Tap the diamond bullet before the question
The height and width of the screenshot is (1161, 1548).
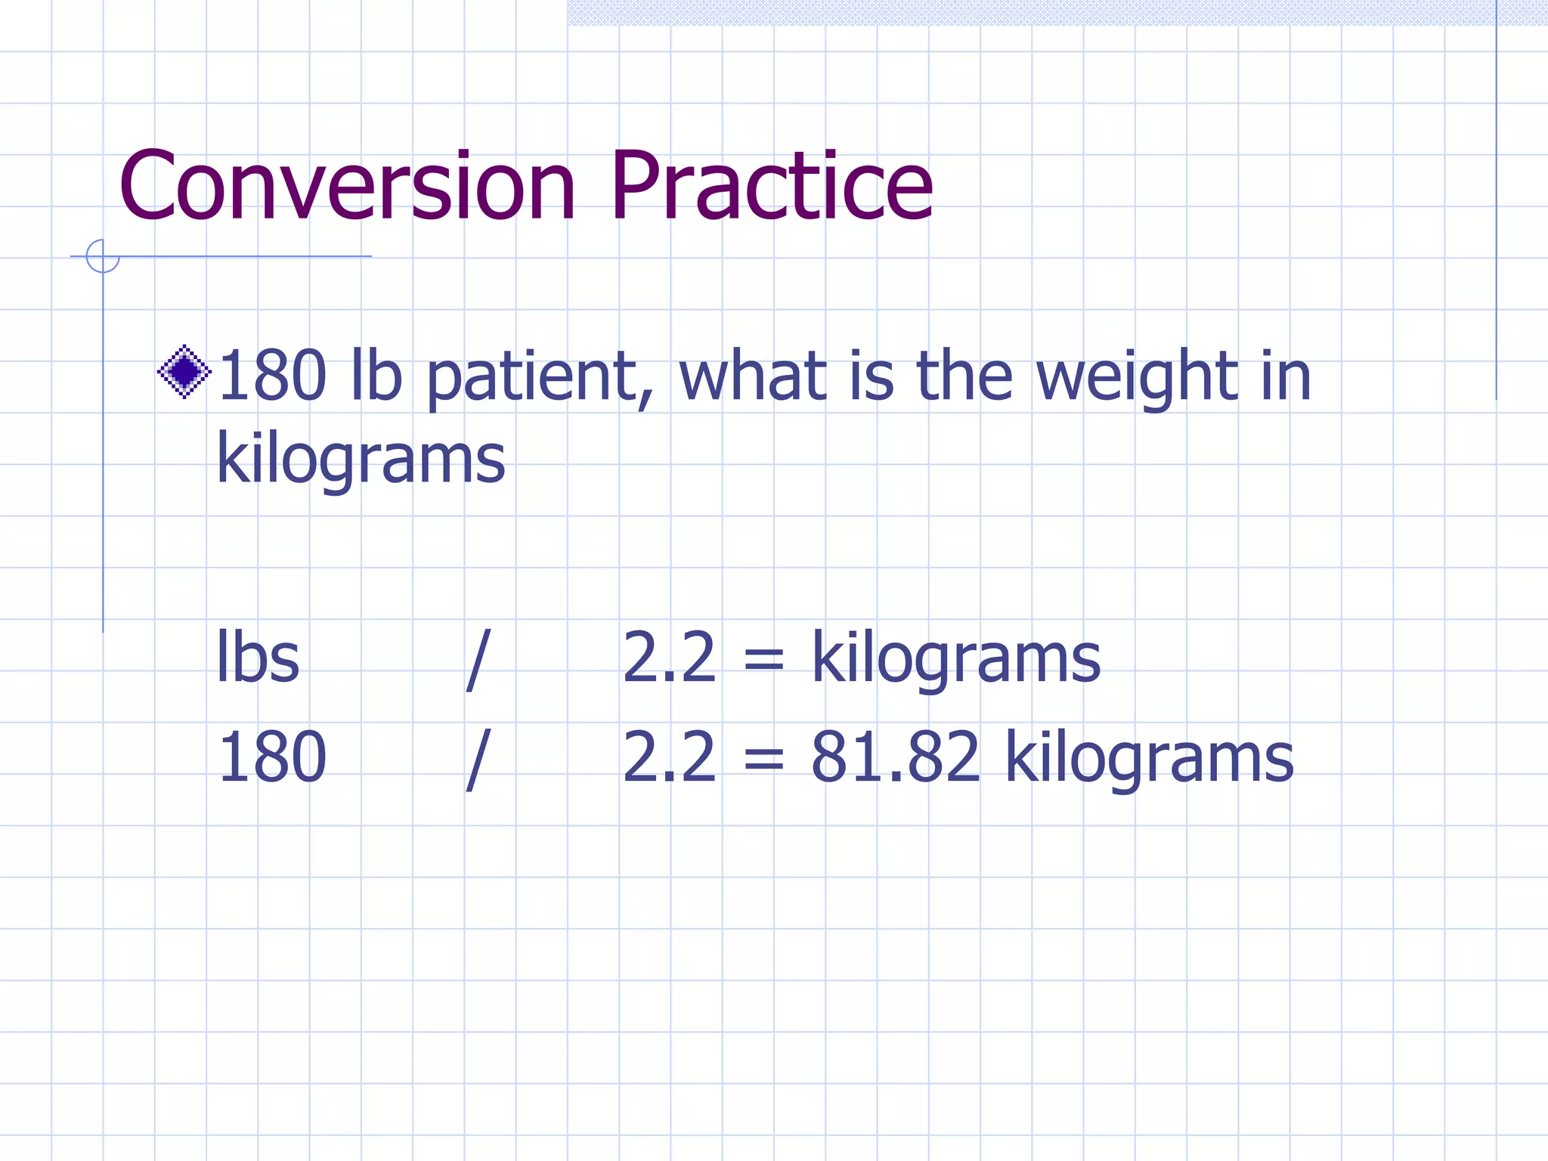point(184,371)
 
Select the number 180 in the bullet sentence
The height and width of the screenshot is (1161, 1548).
point(271,376)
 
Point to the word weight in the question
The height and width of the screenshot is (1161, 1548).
point(1136,378)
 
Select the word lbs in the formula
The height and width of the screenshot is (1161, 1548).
point(258,658)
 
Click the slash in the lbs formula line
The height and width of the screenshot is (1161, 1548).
point(478,660)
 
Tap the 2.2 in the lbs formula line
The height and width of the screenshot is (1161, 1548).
point(669,658)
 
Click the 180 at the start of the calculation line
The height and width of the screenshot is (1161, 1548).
point(271,757)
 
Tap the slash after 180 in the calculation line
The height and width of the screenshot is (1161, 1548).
point(478,759)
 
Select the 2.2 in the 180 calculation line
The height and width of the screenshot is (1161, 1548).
point(669,757)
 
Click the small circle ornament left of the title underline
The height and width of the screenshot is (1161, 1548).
point(103,256)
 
